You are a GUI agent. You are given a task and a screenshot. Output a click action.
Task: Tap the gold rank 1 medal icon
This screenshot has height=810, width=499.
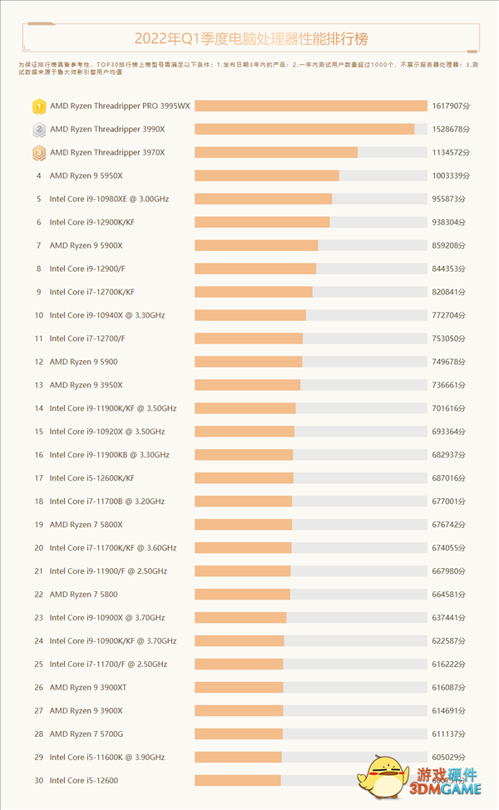[x=38, y=106]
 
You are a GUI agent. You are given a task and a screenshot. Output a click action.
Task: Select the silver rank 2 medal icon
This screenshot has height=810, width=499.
[x=38, y=129]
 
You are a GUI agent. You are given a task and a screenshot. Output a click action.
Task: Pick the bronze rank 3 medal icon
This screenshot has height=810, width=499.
[x=38, y=152]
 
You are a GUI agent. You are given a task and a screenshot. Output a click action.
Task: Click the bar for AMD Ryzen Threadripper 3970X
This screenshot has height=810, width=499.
[x=276, y=152]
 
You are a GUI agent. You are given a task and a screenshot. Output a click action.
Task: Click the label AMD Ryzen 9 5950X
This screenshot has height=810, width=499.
[x=86, y=175]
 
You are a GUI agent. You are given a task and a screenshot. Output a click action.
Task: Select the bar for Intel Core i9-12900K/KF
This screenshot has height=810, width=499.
[x=262, y=222]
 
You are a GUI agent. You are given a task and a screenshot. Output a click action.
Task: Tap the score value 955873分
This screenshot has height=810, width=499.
[x=451, y=199]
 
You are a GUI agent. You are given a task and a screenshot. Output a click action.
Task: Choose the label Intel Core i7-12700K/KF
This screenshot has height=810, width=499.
[x=91, y=292]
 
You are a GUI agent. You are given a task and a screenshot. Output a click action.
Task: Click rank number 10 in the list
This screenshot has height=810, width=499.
[x=38, y=315]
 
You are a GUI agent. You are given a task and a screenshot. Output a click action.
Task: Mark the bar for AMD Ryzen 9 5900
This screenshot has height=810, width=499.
[x=249, y=362]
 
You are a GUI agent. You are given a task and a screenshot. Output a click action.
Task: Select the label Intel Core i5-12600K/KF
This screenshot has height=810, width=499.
[x=91, y=478]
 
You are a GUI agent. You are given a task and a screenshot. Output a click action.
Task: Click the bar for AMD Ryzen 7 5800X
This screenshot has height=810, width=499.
[x=244, y=525]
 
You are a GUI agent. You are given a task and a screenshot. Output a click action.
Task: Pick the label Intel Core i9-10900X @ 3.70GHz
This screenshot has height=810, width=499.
[x=107, y=617]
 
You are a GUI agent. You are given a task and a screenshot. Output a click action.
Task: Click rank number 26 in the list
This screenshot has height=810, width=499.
[x=38, y=687]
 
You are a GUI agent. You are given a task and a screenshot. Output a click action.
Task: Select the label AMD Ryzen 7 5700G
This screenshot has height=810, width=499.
[x=86, y=733]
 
